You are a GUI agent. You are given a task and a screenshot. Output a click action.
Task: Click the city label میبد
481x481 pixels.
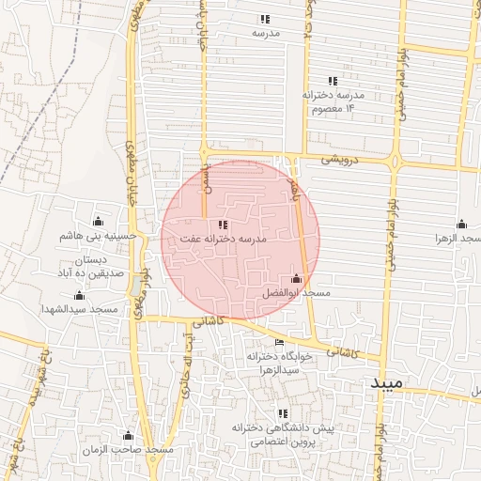(385, 385)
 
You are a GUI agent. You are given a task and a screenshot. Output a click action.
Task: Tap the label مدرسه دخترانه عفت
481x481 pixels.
(224, 240)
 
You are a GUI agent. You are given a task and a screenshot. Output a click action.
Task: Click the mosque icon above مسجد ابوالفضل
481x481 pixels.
(298, 279)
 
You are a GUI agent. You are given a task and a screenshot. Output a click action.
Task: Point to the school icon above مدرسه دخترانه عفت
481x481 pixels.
(223, 225)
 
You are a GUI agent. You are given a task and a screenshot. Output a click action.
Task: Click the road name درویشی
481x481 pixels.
(339, 160)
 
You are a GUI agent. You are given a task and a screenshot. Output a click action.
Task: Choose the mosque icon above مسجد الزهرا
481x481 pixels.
(461, 224)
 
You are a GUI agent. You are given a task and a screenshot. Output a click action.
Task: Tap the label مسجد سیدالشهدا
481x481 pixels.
(80, 309)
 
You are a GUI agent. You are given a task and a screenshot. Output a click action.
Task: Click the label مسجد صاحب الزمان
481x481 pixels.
(130, 452)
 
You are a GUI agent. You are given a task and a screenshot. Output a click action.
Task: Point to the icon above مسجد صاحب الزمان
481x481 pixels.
(129, 436)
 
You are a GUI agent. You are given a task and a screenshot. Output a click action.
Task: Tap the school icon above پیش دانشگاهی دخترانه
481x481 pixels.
(282, 413)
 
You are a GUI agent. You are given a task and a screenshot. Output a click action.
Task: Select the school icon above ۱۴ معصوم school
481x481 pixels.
(331, 81)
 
